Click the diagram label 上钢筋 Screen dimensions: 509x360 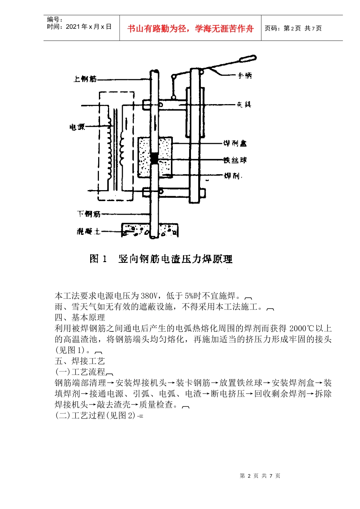(x=85, y=79)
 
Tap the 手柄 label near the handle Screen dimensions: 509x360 (x=244, y=76)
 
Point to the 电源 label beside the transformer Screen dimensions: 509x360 (x=77, y=127)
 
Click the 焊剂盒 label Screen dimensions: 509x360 (x=235, y=143)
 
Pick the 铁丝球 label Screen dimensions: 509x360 (x=235, y=160)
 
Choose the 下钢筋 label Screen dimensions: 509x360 (x=89, y=214)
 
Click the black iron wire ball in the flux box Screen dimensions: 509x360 (x=154, y=158)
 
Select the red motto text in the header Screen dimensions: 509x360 (x=190, y=28)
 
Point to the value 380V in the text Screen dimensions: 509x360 (x=150, y=296)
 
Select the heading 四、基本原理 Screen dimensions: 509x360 (x=80, y=317)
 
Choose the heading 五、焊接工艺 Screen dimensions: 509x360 (x=80, y=361)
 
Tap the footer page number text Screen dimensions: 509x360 (x=260, y=476)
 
